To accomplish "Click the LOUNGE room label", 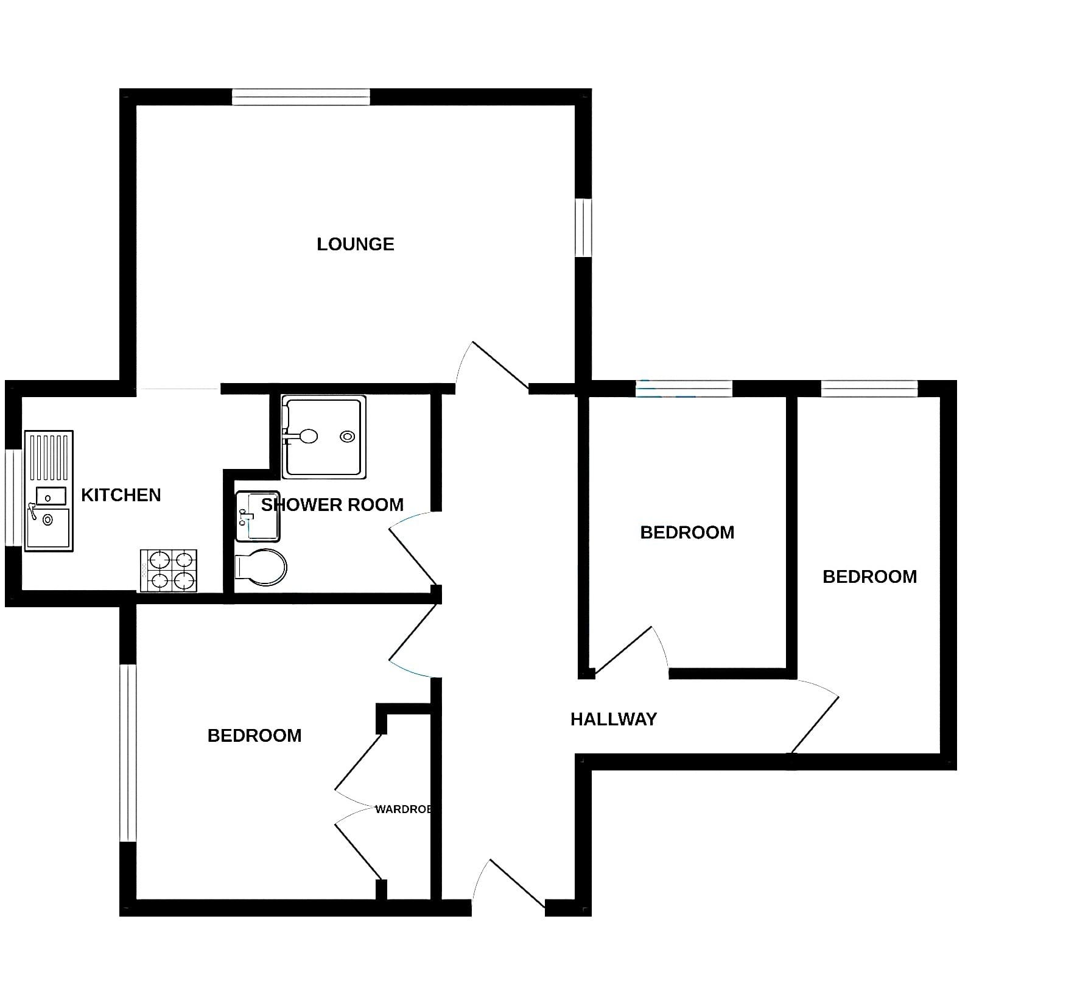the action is pos(356,244).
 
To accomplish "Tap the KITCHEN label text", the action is pos(121,495).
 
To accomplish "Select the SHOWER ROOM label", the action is pos(332,505).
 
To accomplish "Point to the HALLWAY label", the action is pos(614,719).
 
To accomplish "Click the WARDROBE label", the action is pos(404,809).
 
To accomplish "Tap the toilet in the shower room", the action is pos(261,568).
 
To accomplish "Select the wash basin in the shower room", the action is pos(258,516).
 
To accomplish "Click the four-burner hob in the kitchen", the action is pos(169,571).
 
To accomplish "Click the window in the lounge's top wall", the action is pos(301,97).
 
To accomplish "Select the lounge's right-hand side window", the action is pos(583,228).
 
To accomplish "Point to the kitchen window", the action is pos(13,498).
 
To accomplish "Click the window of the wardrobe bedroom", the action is pos(128,753).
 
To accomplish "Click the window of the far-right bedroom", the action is pos(869,389).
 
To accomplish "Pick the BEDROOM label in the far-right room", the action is pos(870,577).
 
